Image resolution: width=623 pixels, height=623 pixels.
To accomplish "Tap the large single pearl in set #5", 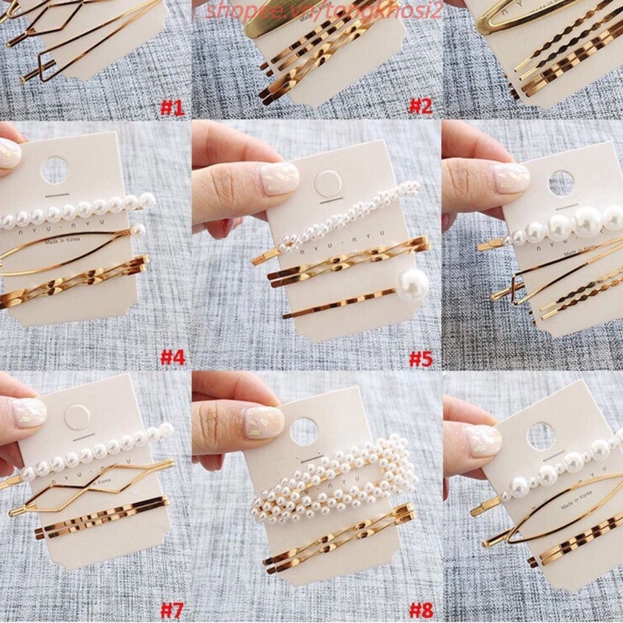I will (x=414, y=284).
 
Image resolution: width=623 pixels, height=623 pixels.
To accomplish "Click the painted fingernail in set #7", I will (x=29, y=412).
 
